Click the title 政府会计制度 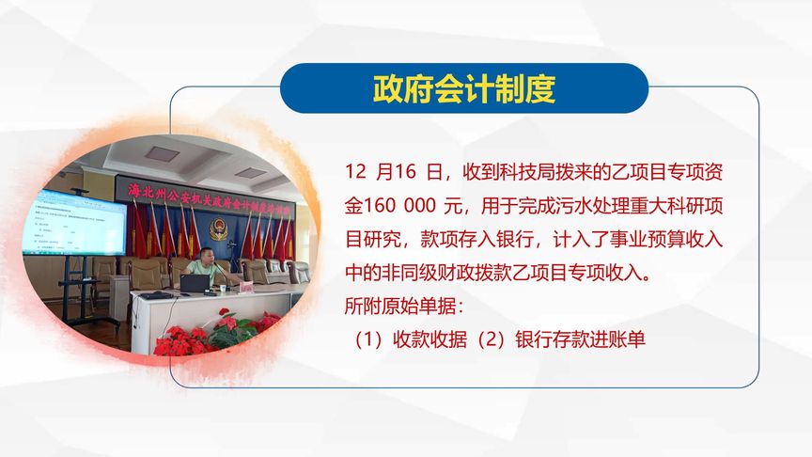(464, 88)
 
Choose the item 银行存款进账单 (580, 339)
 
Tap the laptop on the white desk (195, 282)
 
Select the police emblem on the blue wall (220, 227)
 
